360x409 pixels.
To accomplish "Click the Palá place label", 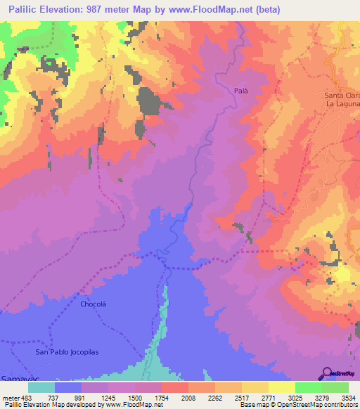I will tap(242, 91).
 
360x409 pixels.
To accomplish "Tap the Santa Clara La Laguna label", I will tap(341, 100).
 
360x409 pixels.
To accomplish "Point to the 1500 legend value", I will tap(135, 398).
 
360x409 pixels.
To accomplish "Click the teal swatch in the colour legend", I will tap(41, 387).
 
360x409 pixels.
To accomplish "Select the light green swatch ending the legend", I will tap(335, 387).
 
